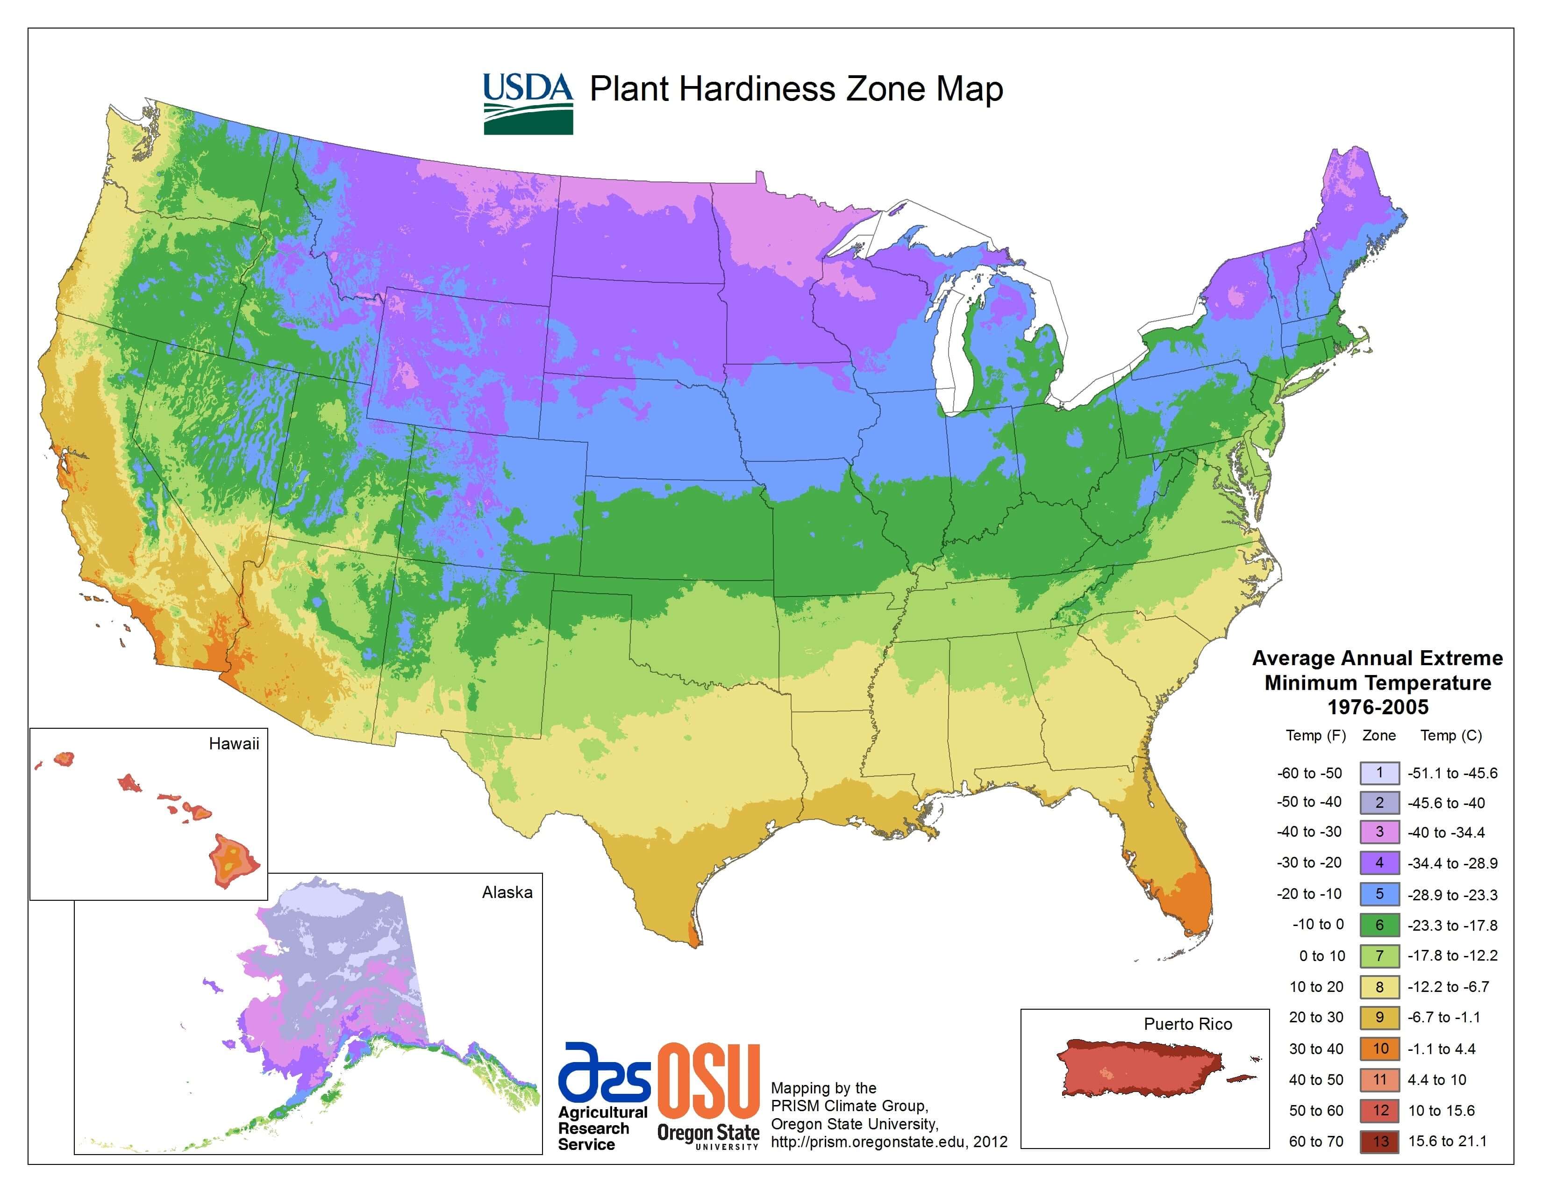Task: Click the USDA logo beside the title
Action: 528,103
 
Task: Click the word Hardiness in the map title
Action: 758,90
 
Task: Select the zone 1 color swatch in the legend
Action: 1379,773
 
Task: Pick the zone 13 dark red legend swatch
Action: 1379,1141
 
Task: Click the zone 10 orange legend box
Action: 1379,1048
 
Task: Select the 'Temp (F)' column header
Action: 1315,735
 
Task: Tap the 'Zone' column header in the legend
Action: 1379,735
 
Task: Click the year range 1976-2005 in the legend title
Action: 1378,707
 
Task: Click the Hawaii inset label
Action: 234,744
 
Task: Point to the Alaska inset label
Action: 507,892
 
